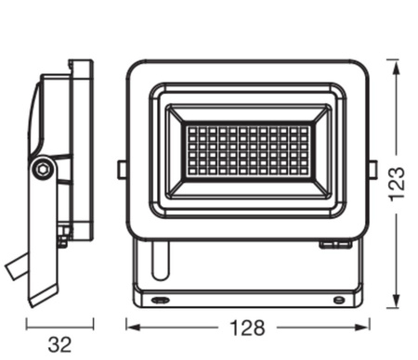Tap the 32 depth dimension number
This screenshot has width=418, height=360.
point(59,344)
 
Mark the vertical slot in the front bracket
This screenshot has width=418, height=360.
point(159,261)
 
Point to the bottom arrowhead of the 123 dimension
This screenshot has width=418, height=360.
point(394,302)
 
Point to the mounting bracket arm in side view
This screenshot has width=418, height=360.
point(44,241)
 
